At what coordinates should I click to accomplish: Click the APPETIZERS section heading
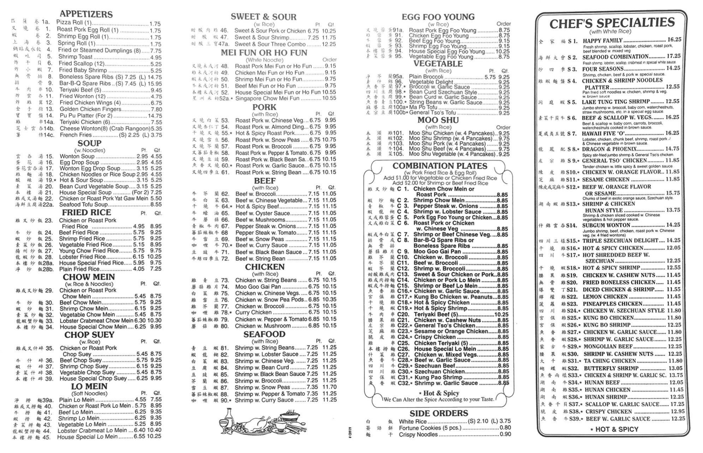pyautogui.click(x=86, y=14)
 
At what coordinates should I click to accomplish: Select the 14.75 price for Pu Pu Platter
pyautogui.click(x=155, y=116)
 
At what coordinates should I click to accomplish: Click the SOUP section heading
pyautogui.click(x=89, y=143)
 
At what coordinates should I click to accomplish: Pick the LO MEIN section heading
pyautogui.click(x=89, y=386)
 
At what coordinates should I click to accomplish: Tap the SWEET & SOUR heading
pyautogui.click(x=264, y=17)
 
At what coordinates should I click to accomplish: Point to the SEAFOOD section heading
pyautogui.click(x=264, y=334)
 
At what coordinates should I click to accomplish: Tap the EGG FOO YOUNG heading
pyautogui.click(x=438, y=17)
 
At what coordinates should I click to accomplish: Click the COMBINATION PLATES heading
pyautogui.click(x=439, y=166)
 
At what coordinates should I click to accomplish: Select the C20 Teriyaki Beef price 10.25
pyautogui.click(x=502, y=314)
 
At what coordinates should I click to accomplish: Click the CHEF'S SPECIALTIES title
pyautogui.click(x=612, y=23)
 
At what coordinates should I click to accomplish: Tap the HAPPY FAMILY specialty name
pyautogui.click(x=603, y=41)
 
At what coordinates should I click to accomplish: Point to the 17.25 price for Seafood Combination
pyautogui.click(x=673, y=56)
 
